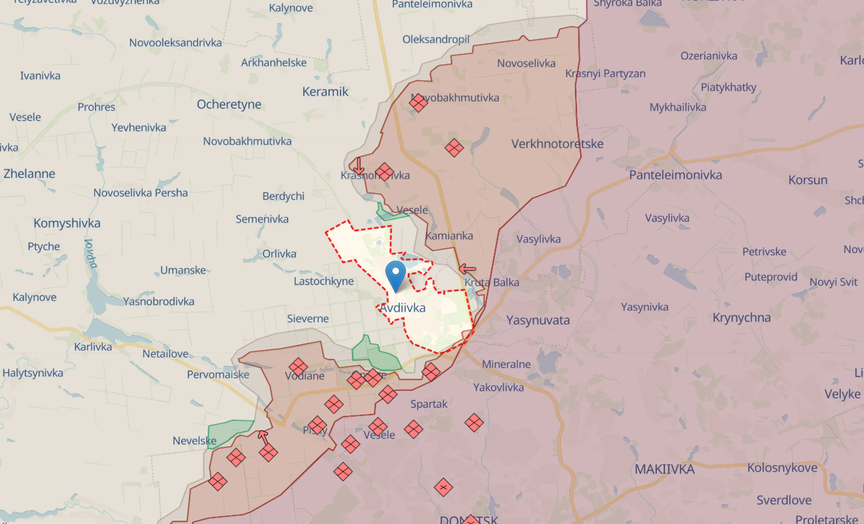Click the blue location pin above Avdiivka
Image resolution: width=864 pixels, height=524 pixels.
[x=396, y=275]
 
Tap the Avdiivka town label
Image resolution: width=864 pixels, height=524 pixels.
[x=403, y=308]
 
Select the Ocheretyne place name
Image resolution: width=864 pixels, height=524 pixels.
[x=229, y=104]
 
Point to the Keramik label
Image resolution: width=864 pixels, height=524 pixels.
[x=325, y=92]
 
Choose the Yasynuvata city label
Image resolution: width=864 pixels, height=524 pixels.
[x=538, y=320]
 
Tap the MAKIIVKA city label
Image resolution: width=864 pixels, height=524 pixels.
[x=664, y=469]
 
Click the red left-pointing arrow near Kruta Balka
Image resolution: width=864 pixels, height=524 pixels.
[x=468, y=269]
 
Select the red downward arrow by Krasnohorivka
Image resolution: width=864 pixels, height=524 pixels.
[x=358, y=165]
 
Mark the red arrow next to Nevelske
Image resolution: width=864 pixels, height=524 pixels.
[x=263, y=437]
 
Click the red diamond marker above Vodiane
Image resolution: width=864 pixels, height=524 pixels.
[x=298, y=367]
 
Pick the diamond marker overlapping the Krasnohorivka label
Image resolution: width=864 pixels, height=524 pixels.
[x=384, y=172]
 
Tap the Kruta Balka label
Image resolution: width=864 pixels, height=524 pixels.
[x=492, y=282]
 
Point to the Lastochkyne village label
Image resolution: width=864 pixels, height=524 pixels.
[x=324, y=282]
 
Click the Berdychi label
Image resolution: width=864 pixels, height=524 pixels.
[x=283, y=196]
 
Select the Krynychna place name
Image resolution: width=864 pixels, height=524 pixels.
[x=741, y=317]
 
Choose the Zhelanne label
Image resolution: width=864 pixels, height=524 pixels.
[x=29, y=174]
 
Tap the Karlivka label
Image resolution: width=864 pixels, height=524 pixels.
[x=94, y=347]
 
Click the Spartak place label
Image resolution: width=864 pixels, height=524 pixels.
[x=429, y=404]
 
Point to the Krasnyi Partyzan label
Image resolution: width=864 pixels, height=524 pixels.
[x=605, y=74]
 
